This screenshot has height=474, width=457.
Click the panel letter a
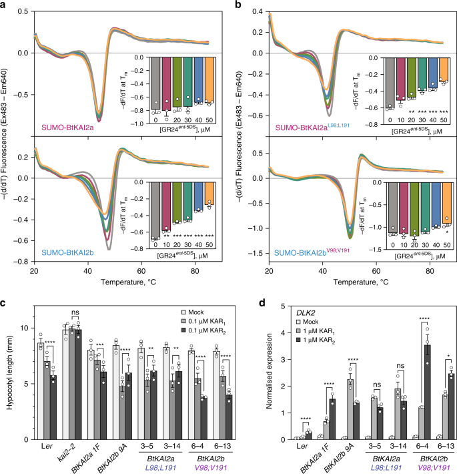coord(5,5)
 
